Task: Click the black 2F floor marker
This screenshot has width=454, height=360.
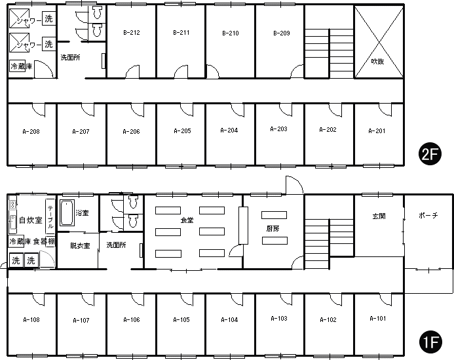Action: [x=430, y=154]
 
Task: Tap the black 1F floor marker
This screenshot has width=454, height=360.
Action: [x=430, y=343]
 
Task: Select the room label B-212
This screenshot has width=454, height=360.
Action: [x=132, y=33]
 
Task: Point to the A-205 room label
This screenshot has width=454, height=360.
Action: [x=182, y=131]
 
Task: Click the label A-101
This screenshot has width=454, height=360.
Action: [x=378, y=319]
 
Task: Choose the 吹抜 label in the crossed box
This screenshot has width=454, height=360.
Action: [x=377, y=62]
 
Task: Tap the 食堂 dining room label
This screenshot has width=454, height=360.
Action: [x=187, y=220]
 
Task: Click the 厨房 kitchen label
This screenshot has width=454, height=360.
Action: [x=273, y=229]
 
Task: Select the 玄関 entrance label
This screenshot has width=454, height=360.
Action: [x=379, y=216]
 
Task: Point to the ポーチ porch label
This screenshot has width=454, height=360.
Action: [x=428, y=215]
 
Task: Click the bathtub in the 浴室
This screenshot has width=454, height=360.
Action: [x=67, y=212]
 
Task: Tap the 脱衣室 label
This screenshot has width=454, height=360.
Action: [x=80, y=246]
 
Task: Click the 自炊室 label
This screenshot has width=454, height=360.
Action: [x=30, y=220]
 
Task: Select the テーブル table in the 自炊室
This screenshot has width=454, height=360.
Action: [x=50, y=216]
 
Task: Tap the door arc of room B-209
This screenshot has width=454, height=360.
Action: [x=297, y=71]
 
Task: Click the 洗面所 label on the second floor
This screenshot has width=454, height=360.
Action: [x=70, y=58]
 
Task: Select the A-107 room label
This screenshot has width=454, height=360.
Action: [x=81, y=320]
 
